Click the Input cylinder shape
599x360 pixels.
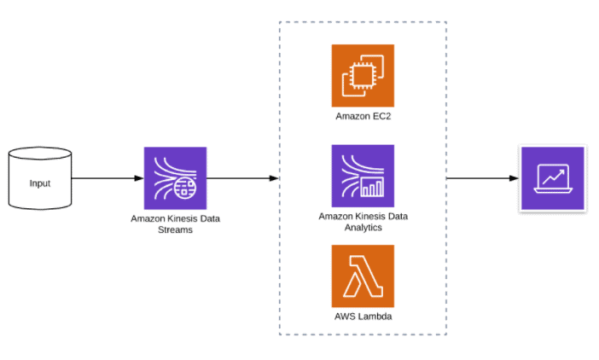pos(39,179)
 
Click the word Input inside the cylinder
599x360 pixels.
pos(39,183)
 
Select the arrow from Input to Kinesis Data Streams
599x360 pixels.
pos(107,178)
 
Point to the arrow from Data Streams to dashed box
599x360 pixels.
pos(243,178)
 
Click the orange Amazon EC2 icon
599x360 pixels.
pos(363,76)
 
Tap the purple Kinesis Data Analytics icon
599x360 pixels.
pos(363,176)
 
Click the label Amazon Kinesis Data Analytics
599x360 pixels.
pos(363,222)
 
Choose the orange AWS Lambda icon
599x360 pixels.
pos(363,276)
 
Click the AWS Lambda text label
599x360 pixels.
pos(363,316)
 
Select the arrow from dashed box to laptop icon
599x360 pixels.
pos(482,178)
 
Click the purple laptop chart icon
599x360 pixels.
pos(552,178)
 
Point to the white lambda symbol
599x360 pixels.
pos(363,276)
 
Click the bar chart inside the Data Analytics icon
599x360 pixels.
pos(372,187)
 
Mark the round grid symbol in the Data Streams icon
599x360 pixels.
pos(184,189)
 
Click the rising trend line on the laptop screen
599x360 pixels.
pos(552,176)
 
